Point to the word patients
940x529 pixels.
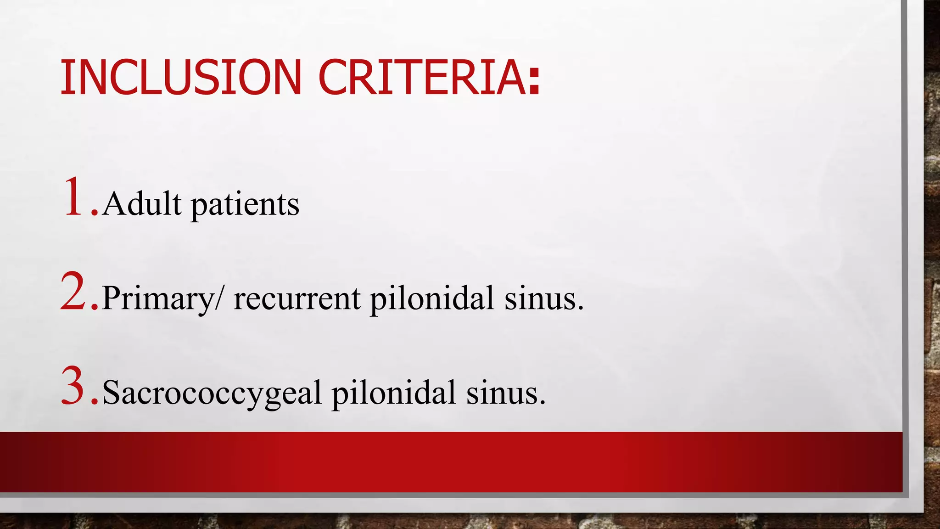click(245, 205)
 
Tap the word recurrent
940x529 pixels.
click(297, 298)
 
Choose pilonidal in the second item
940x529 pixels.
click(432, 298)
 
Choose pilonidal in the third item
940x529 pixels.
click(394, 393)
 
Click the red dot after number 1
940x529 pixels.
click(95, 213)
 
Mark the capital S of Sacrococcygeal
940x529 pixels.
click(111, 392)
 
